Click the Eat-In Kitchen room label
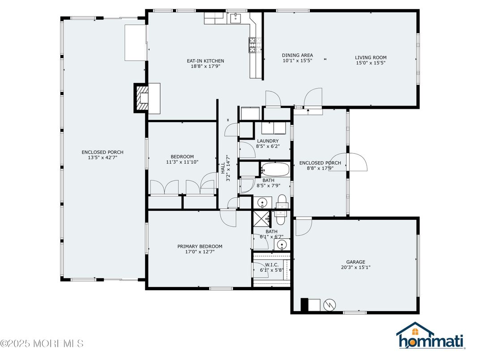[206, 61]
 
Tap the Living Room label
[371, 58]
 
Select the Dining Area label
[297, 56]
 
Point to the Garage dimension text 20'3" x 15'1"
[356, 267]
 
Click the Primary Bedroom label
[200, 246]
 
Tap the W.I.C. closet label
[271, 265]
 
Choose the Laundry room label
[268, 141]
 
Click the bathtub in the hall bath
[275, 169]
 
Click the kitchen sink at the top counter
[236, 18]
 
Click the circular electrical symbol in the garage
[330, 304]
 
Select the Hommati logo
[430, 335]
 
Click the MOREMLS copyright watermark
[42, 343]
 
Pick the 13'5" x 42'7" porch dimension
[103, 158]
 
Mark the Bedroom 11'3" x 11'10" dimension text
[182, 162]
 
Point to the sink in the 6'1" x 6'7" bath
[281, 244]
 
